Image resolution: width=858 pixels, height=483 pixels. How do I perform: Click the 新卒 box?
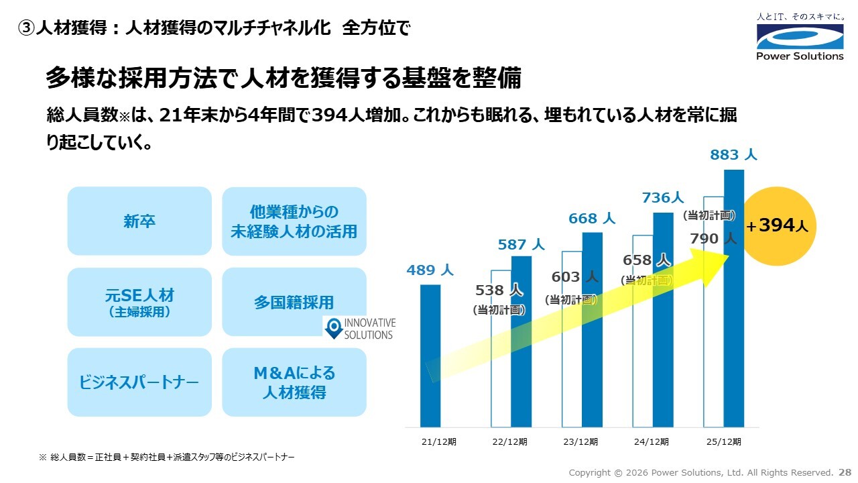pyautogui.click(x=139, y=221)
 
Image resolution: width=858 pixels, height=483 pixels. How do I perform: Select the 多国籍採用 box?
pyautogui.click(x=294, y=303)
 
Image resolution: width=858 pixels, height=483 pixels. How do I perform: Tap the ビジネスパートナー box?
pyautogui.click(x=139, y=382)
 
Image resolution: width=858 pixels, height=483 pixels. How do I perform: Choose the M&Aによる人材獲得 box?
pyautogui.click(x=294, y=382)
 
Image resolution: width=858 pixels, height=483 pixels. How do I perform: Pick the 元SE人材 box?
pyautogui.click(x=139, y=302)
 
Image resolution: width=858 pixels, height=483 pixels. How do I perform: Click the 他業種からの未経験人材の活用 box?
pyautogui.click(x=294, y=221)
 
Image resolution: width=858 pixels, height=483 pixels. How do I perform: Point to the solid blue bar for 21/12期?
pyautogui.click(x=430, y=356)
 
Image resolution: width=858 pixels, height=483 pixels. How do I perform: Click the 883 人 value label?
pyautogui.click(x=733, y=155)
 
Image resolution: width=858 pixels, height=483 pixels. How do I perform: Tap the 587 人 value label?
pyautogui.click(x=521, y=245)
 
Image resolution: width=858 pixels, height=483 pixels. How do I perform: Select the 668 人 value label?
pyautogui.click(x=592, y=219)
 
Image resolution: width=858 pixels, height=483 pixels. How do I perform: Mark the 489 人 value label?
pyautogui.click(x=430, y=270)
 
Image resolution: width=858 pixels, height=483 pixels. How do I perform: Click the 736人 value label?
pyautogui.click(x=662, y=198)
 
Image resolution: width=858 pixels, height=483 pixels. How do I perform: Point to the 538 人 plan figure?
pyautogui.click(x=499, y=290)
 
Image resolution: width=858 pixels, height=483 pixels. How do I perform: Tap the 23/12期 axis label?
pyautogui.click(x=580, y=442)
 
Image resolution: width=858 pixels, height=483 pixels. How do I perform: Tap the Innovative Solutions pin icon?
pyautogui.click(x=333, y=329)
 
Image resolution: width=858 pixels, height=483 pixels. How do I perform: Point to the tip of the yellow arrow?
pyautogui.click(x=729, y=255)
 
